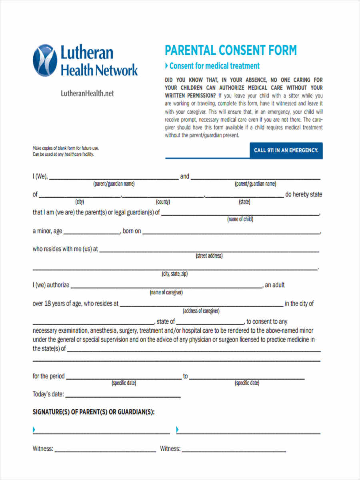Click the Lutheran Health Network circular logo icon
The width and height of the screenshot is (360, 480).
coord(45,60)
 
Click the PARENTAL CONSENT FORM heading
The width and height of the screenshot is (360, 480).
coord(231,50)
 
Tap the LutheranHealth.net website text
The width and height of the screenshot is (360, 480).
coord(87,93)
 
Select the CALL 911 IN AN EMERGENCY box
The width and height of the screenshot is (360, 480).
coord(286,150)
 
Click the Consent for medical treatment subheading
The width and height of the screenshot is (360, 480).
coord(214,66)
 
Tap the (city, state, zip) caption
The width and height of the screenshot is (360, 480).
coord(175,274)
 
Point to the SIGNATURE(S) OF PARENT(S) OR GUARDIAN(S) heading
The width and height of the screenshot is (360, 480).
coord(93,412)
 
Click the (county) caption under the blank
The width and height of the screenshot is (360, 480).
coord(163,202)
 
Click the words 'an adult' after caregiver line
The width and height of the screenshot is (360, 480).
coord(275,285)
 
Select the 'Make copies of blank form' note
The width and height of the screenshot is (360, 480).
coord(66,148)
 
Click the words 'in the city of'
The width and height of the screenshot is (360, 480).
coord(299,304)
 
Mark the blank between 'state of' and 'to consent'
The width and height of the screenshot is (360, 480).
coord(210,323)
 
